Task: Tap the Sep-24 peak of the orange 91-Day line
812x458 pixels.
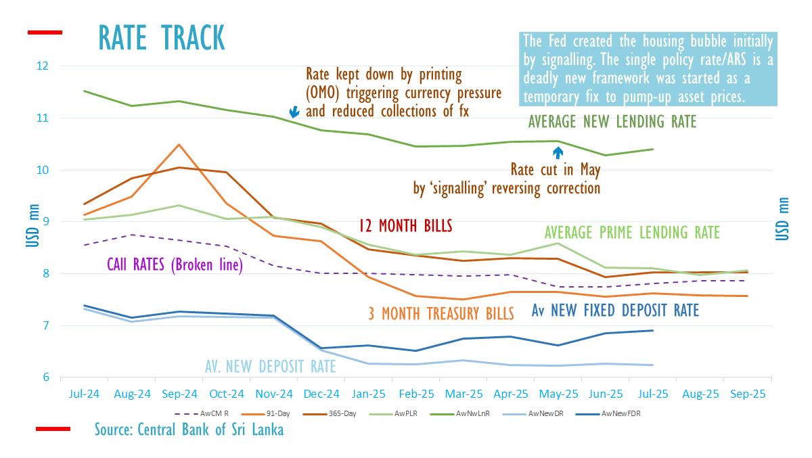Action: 179,144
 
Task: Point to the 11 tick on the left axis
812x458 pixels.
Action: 43,118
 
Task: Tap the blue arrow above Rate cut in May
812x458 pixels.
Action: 558,152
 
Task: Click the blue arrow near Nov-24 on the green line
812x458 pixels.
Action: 294,112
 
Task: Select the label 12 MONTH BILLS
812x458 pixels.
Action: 405,226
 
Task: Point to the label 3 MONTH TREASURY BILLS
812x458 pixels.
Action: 441,313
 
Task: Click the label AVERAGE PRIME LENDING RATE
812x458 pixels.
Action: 632,233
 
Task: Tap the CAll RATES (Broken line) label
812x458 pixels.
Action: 175,265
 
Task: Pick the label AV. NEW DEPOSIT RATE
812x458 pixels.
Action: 271,366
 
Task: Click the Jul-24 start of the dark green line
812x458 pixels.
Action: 84,91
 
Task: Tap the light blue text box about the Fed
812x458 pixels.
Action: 649,68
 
